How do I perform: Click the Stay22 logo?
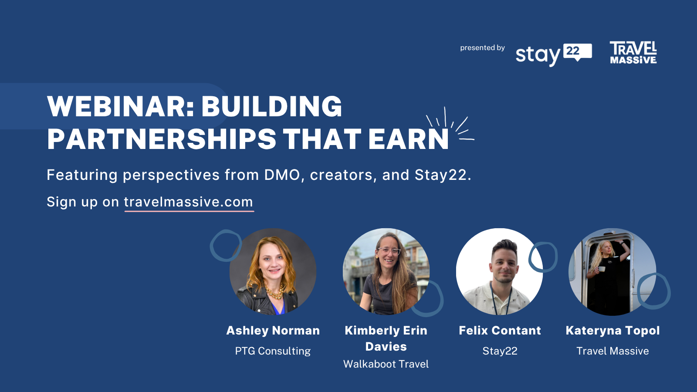[554, 55]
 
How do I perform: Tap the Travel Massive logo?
[633, 53]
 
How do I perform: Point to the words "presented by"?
[482, 48]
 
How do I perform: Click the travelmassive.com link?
[189, 202]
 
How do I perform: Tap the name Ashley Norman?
[273, 331]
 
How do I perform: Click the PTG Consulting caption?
[273, 351]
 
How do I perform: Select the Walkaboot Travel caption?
[386, 364]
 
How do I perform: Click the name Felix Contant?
[500, 331]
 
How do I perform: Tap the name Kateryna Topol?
[612, 331]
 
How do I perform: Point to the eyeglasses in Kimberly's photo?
[389, 251]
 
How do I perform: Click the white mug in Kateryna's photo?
[602, 269]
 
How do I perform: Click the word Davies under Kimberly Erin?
[386, 347]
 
